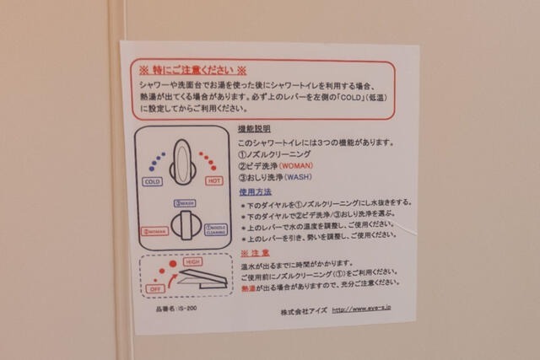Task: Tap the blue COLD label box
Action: (x=154, y=181)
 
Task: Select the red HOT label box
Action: (x=214, y=181)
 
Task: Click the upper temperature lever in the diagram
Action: (x=183, y=159)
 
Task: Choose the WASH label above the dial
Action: (x=183, y=203)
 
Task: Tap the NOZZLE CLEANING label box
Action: (x=215, y=229)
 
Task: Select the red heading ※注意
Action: (x=256, y=253)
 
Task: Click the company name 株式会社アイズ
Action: (x=302, y=311)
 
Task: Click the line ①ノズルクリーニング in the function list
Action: (x=275, y=154)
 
